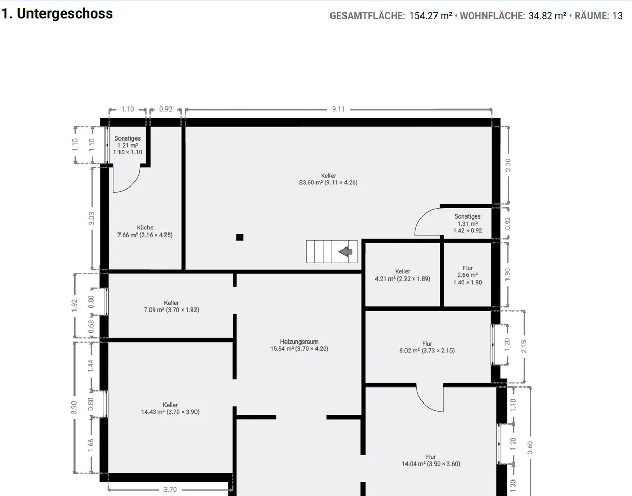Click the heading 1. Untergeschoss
pyautogui.click(x=57, y=13)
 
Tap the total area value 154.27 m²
pyautogui.click(x=430, y=16)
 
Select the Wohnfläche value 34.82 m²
pyautogui.click(x=547, y=16)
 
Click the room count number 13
pyautogui.click(x=617, y=16)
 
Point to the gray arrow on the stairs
pyautogui.click(x=345, y=252)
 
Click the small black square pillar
pyautogui.click(x=239, y=237)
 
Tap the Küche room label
pyautogui.click(x=145, y=231)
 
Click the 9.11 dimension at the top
pyautogui.click(x=338, y=109)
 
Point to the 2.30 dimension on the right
pyautogui.click(x=508, y=165)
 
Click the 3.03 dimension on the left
pyautogui.click(x=92, y=218)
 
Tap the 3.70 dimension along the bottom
pyautogui.click(x=170, y=490)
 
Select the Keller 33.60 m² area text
pyautogui.click(x=328, y=183)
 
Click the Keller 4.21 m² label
pyautogui.click(x=402, y=275)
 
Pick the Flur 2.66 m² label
pyautogui.click(x=468, y=275)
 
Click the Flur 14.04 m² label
pyautogui.click(x=431, y=460)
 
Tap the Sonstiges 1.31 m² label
pyautogui.click(x=468, y=223)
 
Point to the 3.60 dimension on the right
pyautogui.click(x=530, y=447)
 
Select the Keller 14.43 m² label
pyautogui.click(x=170, y=408)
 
